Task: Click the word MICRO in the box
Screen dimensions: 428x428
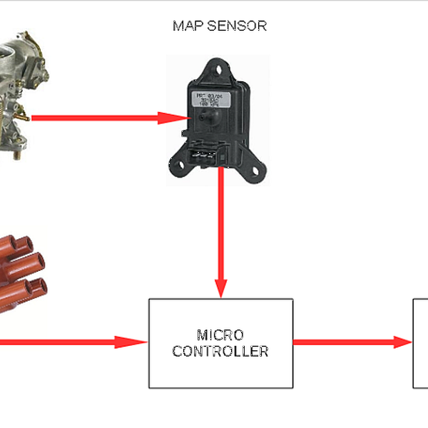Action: (x=220, y=335)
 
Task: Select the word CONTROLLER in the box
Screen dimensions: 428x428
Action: (x=220, y=351)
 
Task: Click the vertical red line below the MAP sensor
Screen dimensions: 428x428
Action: (x=221, y=228)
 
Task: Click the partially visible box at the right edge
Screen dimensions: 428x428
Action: (x=421, y=343)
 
